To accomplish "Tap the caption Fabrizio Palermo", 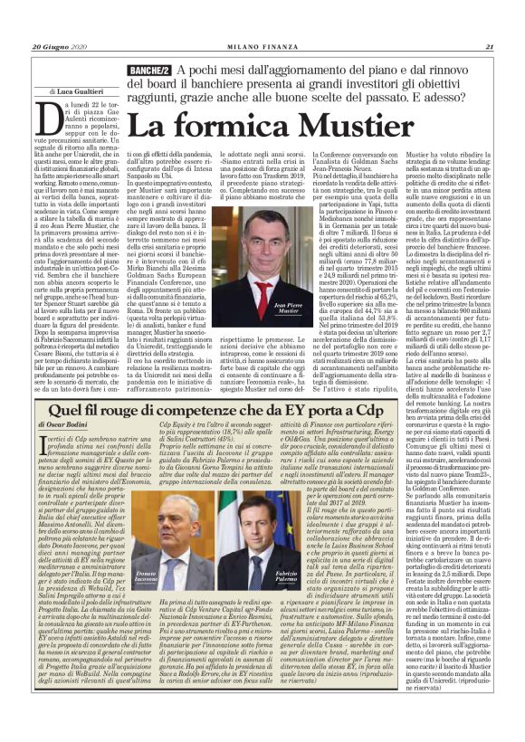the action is [x=287, y=602].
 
